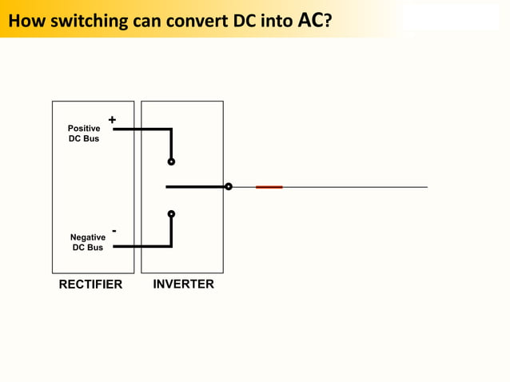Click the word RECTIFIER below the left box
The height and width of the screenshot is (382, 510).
click(x=90, y=285)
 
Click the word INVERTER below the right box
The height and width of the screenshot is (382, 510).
click(x=183, y=284)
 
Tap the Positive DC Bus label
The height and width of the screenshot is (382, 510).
click(x=84, y=133)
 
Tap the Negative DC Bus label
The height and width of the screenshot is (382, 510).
click(x=87, y=242)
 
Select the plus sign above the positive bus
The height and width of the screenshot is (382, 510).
click(x=112, y=120)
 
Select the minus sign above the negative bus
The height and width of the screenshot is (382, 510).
click(x=114, y=231)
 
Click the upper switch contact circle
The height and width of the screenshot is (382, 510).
click(x=171, y=161)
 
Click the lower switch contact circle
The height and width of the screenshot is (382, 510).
click(x=171, y=213)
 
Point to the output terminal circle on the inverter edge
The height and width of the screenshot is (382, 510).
click(x=229, y=187)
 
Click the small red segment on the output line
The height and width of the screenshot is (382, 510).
click(x=269, y=187)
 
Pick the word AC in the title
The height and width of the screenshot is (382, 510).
click(x=310, y=19)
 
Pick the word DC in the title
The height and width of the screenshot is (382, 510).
click(x=244, y=20)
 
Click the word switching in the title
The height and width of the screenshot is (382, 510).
click(x=88, y=20)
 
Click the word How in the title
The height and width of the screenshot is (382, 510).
click(x=26, y=20)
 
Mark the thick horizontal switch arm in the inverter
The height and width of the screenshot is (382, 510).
click(x=196, y=187)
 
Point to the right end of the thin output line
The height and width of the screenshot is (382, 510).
click(x=426, y=187)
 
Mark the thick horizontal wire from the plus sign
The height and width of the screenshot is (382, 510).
click(x=142, y=129)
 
